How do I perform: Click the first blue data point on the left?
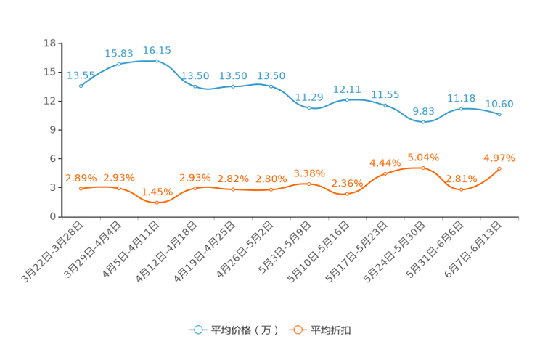coord(81,86)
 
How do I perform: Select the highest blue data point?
coord(157,61)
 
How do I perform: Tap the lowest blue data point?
coord(423,121)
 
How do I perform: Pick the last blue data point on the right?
coord(499,115)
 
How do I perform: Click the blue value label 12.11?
coord(347,89)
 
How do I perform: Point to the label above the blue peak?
coord(157,50)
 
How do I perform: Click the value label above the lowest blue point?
coord(423,110)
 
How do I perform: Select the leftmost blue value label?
coord(79,75)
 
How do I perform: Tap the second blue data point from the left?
coord(119,65)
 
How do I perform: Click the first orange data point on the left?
coord(81,189)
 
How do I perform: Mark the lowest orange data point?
coord(157,202)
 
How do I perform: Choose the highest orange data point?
coord(423,168)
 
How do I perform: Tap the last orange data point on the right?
coord(499,168)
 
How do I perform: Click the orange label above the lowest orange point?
coord(157,192)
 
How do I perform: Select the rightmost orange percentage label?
coord(499,157)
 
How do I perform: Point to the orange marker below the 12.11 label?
coord(347,194)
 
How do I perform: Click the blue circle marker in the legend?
coord(197,330)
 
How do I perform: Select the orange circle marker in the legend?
coord(298,330)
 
